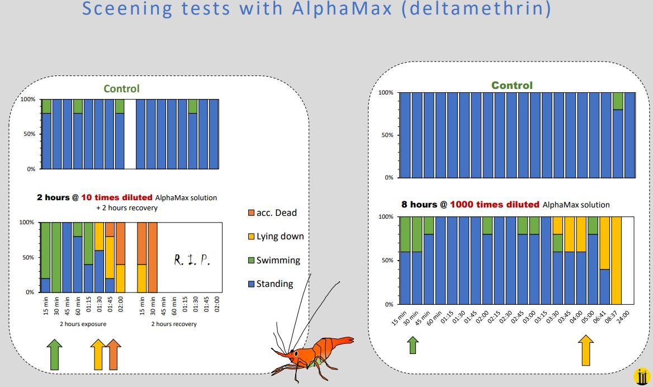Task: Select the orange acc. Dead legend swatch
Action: pos(251,213)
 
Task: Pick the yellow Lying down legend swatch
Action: pos(251,237)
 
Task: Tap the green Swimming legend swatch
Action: pos(251,261)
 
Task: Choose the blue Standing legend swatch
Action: pos(251,284)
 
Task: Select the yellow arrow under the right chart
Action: pos(586,350)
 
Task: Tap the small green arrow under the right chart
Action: pos(413,344)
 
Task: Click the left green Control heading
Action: pos(121,88)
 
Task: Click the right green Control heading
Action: pos(512,86)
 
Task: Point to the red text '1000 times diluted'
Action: pos(495,205)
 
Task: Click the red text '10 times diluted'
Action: pos(117,197)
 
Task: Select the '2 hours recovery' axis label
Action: pos(174,324)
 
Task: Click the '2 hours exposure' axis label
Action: pos(83,324)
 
